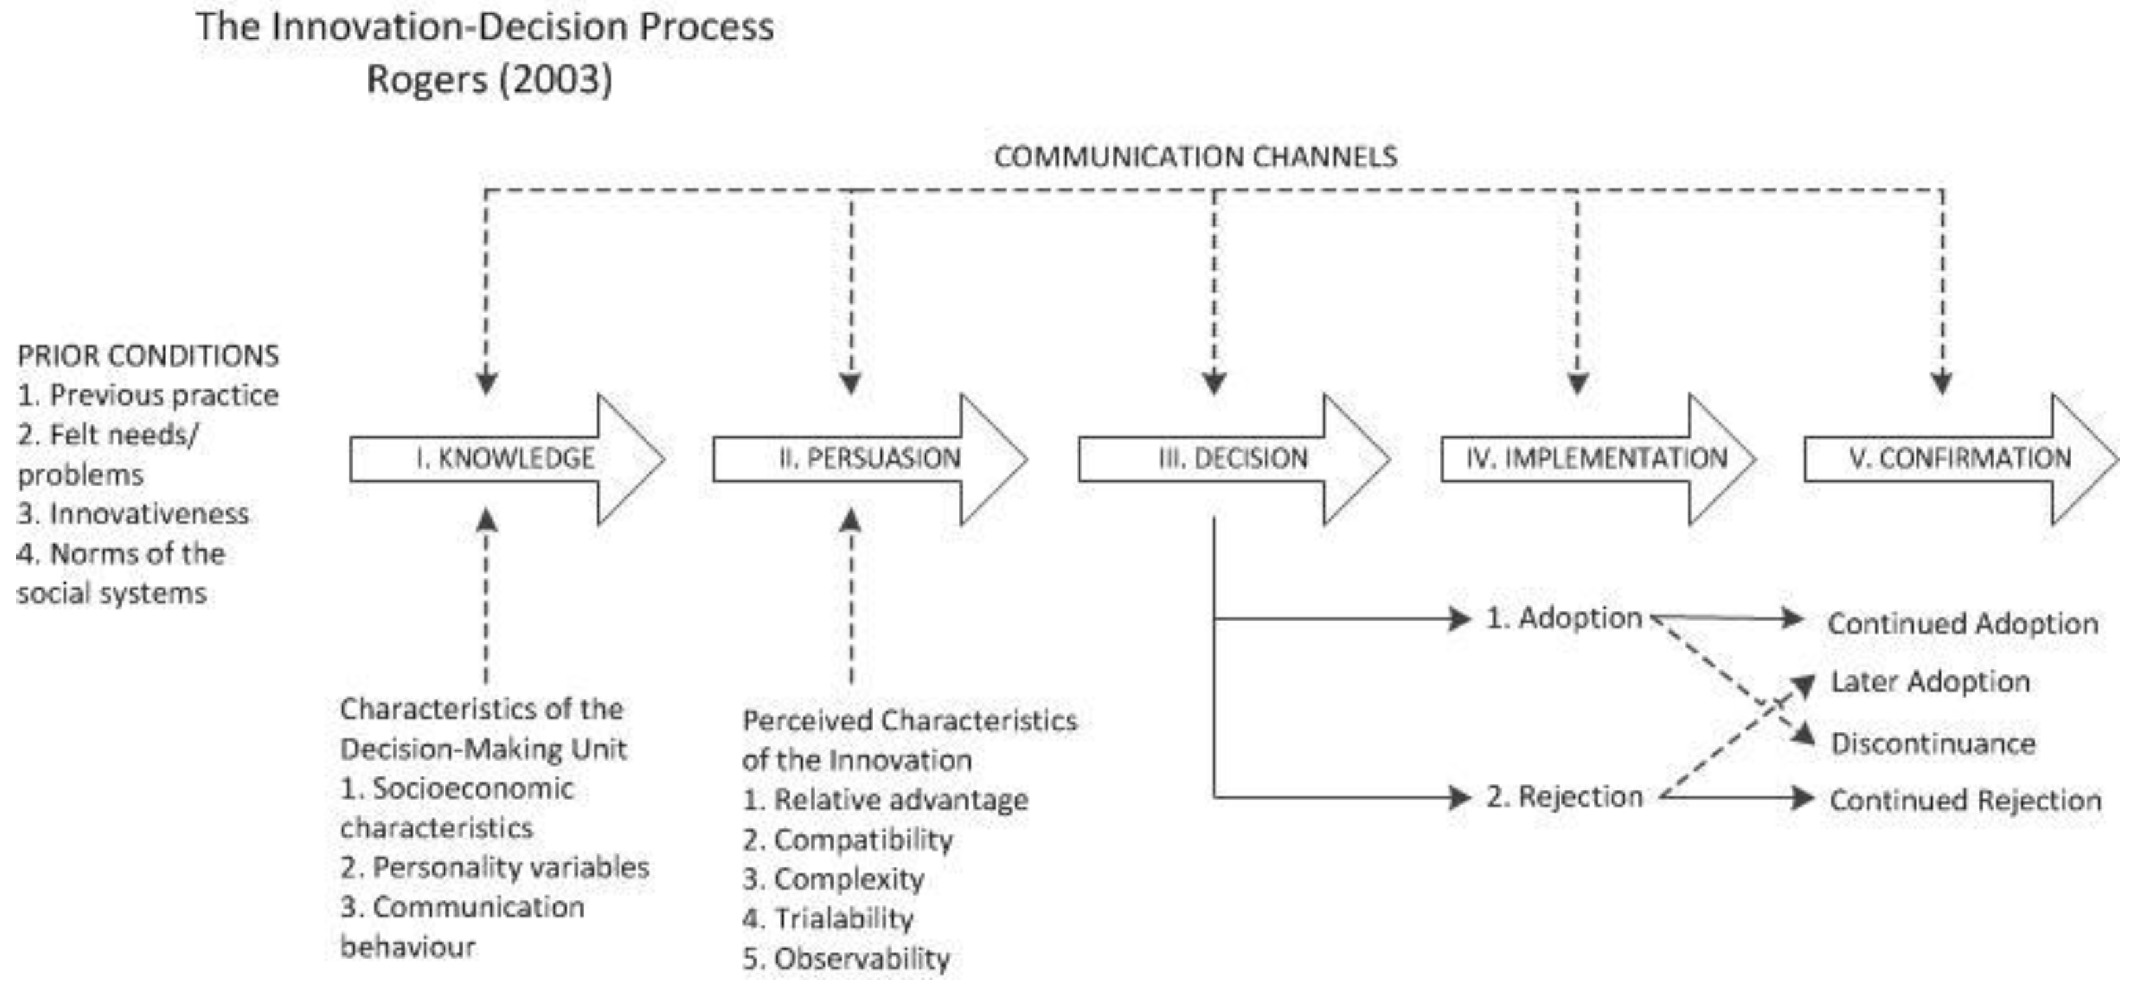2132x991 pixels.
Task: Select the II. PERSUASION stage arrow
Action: (869, 459)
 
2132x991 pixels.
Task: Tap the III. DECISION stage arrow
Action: (1233, 459)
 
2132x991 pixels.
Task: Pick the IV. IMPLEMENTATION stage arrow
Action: (1597, 459)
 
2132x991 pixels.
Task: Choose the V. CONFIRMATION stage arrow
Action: (1960, 459)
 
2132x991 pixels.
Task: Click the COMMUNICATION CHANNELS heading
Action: (1195, 157)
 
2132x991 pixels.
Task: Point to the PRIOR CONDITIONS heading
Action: (148, 356)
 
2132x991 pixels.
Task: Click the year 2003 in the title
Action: (557, 80)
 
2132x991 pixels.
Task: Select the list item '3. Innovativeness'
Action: (132, 514)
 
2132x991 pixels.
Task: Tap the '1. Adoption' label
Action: (1563, 619)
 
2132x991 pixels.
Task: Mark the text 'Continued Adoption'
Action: (1962, 623)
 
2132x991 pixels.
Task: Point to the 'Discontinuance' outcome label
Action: (1933, 744)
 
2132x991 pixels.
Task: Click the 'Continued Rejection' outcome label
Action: (1965, 801)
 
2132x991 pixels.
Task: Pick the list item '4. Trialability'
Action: (828, 919)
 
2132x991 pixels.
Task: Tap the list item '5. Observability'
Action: (846, 959)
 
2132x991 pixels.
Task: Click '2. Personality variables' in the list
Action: (494, 868)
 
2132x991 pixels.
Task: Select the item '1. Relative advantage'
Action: (885, 800)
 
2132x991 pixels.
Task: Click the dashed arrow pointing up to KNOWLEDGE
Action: (487, 596)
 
